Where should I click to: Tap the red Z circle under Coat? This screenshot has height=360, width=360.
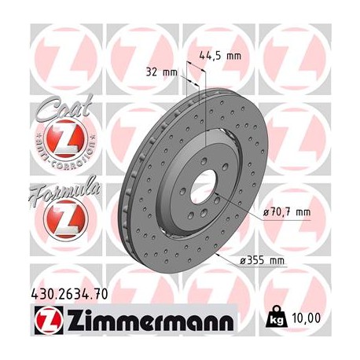[57, 142]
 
